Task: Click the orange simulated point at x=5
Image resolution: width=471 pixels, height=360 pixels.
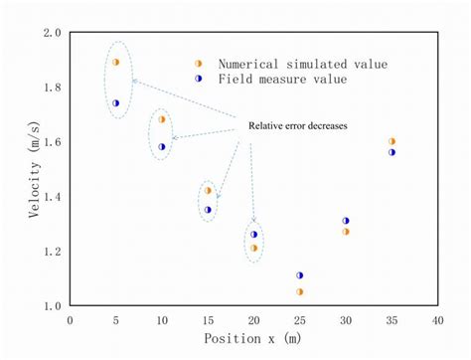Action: (x=115, y=62)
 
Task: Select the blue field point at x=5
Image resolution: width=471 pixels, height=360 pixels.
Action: (x=115, y=102)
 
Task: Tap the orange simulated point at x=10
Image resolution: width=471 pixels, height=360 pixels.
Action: (x=162, y=119)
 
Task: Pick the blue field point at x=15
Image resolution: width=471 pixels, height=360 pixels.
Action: (x=208, y=210)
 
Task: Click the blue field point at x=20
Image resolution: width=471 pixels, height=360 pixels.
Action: (x=253, y=235)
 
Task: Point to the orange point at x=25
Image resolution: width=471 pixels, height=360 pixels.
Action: (x=299, y=291)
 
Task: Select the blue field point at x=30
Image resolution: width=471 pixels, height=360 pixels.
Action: (x=346, y=221)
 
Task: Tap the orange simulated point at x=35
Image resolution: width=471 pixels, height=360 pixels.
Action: (x=392, y=141)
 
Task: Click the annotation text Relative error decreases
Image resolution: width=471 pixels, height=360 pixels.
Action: (x=297, y=126)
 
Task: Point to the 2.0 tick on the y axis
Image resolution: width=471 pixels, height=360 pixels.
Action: (x=52, y=33)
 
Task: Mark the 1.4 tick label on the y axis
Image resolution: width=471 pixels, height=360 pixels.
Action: (x=52, y=197)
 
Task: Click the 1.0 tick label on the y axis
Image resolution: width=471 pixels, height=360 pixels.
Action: (x=52, y=306)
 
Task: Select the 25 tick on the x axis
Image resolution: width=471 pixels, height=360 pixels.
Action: (x=299, y=320)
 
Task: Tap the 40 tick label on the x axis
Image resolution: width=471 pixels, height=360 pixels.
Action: (x=437, y=320)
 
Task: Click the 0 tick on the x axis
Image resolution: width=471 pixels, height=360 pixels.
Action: (x=70, y=320)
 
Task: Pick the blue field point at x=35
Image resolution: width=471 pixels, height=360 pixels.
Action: (x=392, y=152)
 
